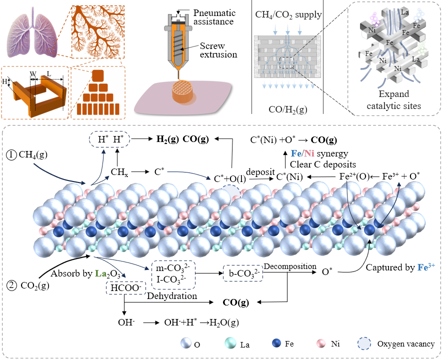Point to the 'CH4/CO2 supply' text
[x=287, y=15]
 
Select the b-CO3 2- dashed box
[x=241, y=272]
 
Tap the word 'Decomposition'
[x=291, y=266]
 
